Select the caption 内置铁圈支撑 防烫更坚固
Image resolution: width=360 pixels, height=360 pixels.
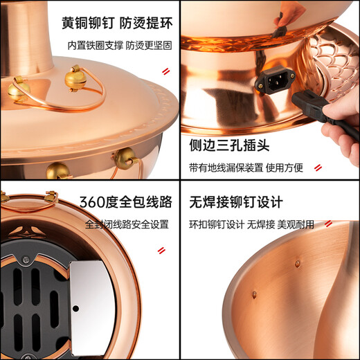[x=119, y=45]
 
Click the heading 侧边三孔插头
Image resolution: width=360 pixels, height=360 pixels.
[x=228, y=146]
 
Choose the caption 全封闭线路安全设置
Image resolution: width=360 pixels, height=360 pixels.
[x=127, y=224]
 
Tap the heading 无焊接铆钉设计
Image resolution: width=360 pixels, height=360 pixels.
[x=236, y=202]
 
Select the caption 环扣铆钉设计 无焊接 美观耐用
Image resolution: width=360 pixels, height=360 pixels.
[x=251, y=224]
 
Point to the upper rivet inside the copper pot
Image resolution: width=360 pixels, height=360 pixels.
[x=298, y=264]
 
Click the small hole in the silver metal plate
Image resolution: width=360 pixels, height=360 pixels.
[x=75, y=308]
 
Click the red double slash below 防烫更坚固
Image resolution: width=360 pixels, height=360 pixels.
[x=165, y=71]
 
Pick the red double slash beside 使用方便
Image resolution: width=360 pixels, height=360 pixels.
[x=317, y=168]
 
